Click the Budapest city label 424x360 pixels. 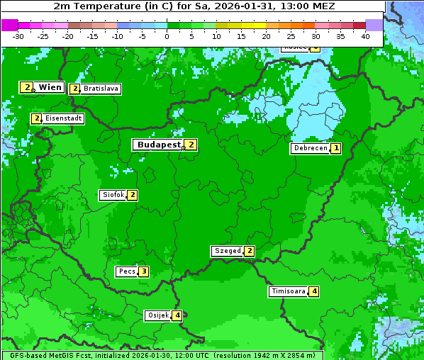(159, 145)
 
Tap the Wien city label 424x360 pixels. (50, 87)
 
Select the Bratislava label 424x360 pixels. (100, 89)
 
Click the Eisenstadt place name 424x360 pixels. (63, 118)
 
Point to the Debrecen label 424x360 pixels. (311, 149)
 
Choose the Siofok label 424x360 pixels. (113, 195)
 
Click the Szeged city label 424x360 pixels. (227, 251)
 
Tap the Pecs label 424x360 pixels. (127, 271)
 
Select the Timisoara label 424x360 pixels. (289, 291)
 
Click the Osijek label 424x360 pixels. (157, 315)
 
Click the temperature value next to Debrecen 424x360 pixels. (335, 149)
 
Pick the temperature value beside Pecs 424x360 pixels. (143, 271)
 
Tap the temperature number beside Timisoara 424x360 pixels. (314, 291)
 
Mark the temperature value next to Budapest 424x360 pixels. (191, 145)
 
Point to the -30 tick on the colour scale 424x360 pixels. (18, 36)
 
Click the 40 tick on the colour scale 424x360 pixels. (365, 36)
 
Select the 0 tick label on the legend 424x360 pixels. (167, 36)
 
